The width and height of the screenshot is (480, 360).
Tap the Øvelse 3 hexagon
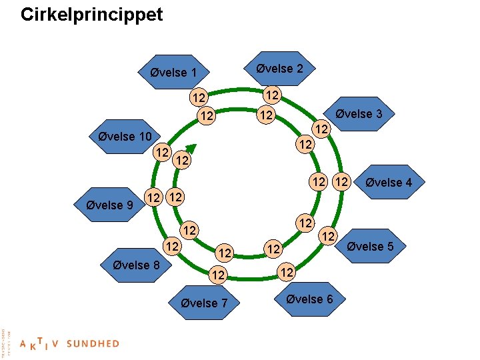pyautogui.click(x=359, y=113)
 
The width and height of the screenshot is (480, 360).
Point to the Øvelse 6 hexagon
pyautogui.click(x=309, y=299)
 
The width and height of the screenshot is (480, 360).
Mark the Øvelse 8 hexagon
pyautogui.click(x=136, y=265)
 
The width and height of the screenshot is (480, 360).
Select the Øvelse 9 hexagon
pyautogui.click(x=110, y=205)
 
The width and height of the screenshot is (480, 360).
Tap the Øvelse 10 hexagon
pyautogui.click(x=125, y=137)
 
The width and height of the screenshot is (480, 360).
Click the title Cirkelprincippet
pyautogui.click(x=91, y=15)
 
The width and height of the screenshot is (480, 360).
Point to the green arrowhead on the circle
pyautogui.click(x=191, y=150)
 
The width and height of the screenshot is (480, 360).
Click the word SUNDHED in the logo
pyautogui.click(x=93, y=344)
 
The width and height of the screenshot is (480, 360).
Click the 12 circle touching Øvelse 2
pyautogui.click(x=272, y=95)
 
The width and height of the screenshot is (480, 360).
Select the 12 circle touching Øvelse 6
pyautogui.click(x=286, y=272)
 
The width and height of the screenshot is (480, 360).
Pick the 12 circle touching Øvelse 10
pyautogui.click(x=161, y=152)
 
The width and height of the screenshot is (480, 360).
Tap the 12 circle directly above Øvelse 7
pyautogui.click(x=217, y=274)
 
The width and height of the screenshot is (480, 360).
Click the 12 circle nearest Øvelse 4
pyautogui.click(x=342, y=181)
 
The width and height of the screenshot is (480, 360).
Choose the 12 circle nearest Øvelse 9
pyautogui.click(x=153, y=197)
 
